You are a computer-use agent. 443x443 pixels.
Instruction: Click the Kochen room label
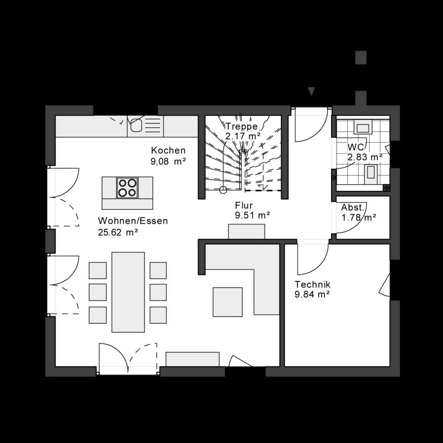click(168, 151)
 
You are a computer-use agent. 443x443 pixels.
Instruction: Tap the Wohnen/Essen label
click(133, 221)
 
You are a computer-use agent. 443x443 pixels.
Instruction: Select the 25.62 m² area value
click(118, 232)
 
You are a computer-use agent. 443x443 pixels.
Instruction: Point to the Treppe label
click(241, 126)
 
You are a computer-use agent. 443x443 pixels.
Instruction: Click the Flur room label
click(244, 205)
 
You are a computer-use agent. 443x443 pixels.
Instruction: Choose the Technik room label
click(312, 284)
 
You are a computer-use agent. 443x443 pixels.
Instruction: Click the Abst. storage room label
click(353, 207)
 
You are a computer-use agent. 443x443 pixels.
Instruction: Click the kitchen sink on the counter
click(137, 124)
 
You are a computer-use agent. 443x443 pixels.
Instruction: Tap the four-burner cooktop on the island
click(127, 188)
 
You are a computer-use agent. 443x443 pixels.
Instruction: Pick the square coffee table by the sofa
click(228, 302)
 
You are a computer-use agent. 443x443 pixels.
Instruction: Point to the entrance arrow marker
click(311, 91)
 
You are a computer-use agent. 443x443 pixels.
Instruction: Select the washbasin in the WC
click(362, 127)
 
